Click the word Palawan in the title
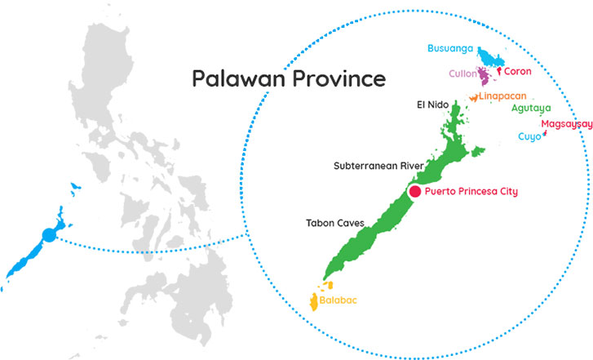232,79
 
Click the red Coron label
518,72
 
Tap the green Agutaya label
531,108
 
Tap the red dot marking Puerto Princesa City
414,192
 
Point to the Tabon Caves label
334,223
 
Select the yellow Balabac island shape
315,302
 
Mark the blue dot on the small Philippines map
48,235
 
